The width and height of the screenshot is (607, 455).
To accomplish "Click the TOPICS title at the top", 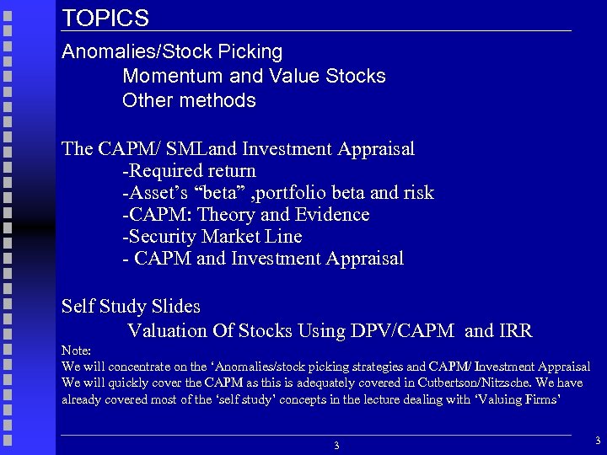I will click(x=105, y=19).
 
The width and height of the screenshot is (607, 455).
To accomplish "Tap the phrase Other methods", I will click(x=189, y=101).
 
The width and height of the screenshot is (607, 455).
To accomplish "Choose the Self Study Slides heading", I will click(x=131, y=306).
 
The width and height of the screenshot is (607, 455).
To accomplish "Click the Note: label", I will click(x=76, y=350).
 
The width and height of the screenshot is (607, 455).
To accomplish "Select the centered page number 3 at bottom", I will click(x=336, y=445).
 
